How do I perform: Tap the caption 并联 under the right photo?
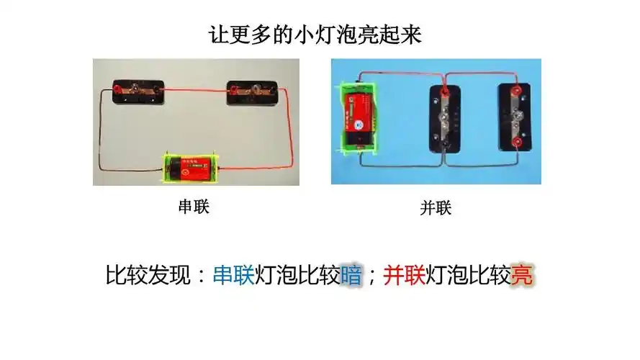(x=436, y=208)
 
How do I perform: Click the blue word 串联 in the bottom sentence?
(x=233, y=276)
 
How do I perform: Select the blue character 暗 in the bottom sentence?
(x=351, y=276)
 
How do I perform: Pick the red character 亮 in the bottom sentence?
(x=521, y=276)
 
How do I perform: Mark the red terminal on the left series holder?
(x=118, y=90)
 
